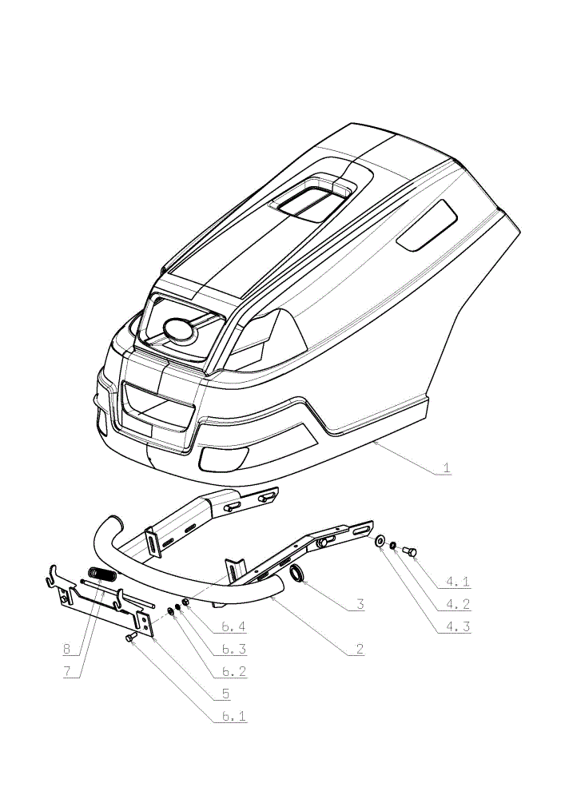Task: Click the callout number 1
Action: point(447,467)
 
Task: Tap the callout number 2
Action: point(360,649)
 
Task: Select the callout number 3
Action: point(360,604)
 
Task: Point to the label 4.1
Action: point(457,581)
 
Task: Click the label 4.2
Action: point(457,604)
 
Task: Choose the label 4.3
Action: point(457,626)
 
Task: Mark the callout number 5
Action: point(225,694)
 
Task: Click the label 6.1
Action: point(234,716)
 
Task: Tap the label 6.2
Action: point(234,672)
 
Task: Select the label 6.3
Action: point(234,649)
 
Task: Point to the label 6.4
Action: point(234,626)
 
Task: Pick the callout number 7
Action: point(67,672)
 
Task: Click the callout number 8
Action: point(67,649)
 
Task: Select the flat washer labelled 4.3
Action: point(380,541)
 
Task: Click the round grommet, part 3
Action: point(297,573)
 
